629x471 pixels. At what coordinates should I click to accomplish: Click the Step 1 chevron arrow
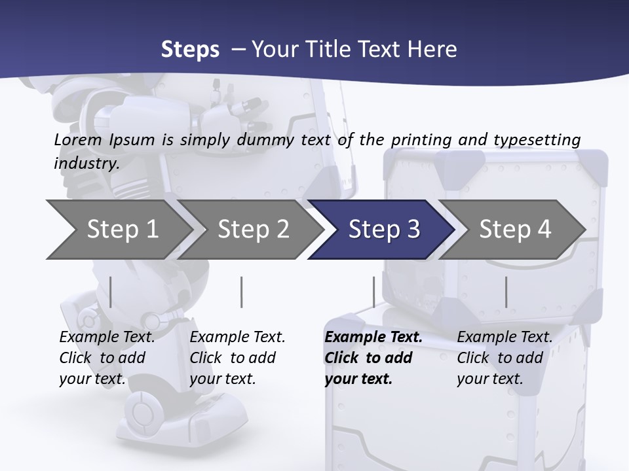(122, 229)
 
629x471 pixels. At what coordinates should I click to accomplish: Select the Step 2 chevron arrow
(253, 229)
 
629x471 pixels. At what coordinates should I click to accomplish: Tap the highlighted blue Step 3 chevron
(383, 229)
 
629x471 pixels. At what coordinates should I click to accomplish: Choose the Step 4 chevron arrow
(514, 229)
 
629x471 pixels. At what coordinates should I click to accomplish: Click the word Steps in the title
(190, 49)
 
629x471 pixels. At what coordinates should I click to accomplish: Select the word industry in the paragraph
(85, 164)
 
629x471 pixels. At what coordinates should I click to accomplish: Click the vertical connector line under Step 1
(110, 292)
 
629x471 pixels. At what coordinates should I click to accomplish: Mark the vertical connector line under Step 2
(241, 292)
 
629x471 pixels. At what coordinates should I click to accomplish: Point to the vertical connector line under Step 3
(373, 292)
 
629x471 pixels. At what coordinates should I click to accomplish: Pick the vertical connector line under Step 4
(506, 292)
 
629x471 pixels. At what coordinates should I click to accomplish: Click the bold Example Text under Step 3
(373, 338)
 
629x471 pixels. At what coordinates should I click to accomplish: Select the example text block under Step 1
(107, 358)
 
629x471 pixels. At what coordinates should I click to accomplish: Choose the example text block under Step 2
(237, 358)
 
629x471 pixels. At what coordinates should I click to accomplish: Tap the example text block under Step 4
(505, 358)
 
